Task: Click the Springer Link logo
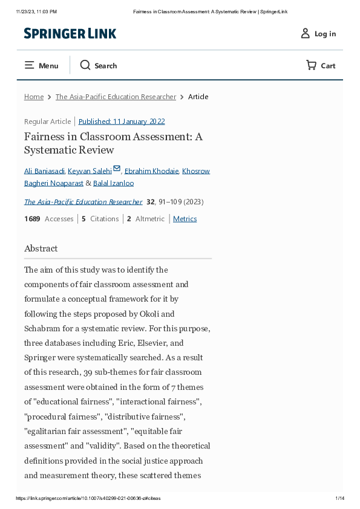click(x=70, y=34)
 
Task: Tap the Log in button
click(x=318, y=34)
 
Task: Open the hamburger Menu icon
click(x=29, y=65)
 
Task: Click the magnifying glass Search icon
click(x=85, y=65)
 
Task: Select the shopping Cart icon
click(x=311, y=65)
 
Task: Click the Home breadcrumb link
click(x=34, y=97)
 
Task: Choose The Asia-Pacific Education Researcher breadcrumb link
click(x=116, y=97)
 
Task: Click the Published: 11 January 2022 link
click(x=122, y=122)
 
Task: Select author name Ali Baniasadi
click(x=44, y=171)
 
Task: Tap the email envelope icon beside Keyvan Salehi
click(x=117, y=169)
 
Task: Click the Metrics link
click(x=185, y=219)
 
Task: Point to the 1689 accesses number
click(x=32, y=219)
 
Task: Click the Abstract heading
click(x=41, y=248)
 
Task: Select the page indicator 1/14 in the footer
click(x=339, y=498)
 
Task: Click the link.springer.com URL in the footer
click(x=88, y=498)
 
